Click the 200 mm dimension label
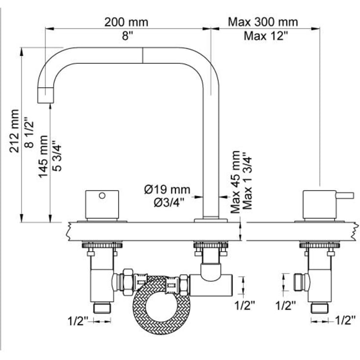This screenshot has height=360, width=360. pos(126,22)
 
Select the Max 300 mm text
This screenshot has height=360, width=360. pos(263,22)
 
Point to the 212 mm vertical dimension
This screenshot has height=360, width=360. pos(16,131)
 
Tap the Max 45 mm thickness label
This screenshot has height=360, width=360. pos(236,182)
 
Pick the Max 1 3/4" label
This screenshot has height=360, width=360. pos(248,182)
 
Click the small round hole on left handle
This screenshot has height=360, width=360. pos(101,196)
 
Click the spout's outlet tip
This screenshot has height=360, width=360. pos(45,95)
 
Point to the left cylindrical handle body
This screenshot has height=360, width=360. pos(102,204)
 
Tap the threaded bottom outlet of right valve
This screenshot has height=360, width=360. pos(319,308)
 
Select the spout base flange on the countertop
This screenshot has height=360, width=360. pos(211,220)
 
